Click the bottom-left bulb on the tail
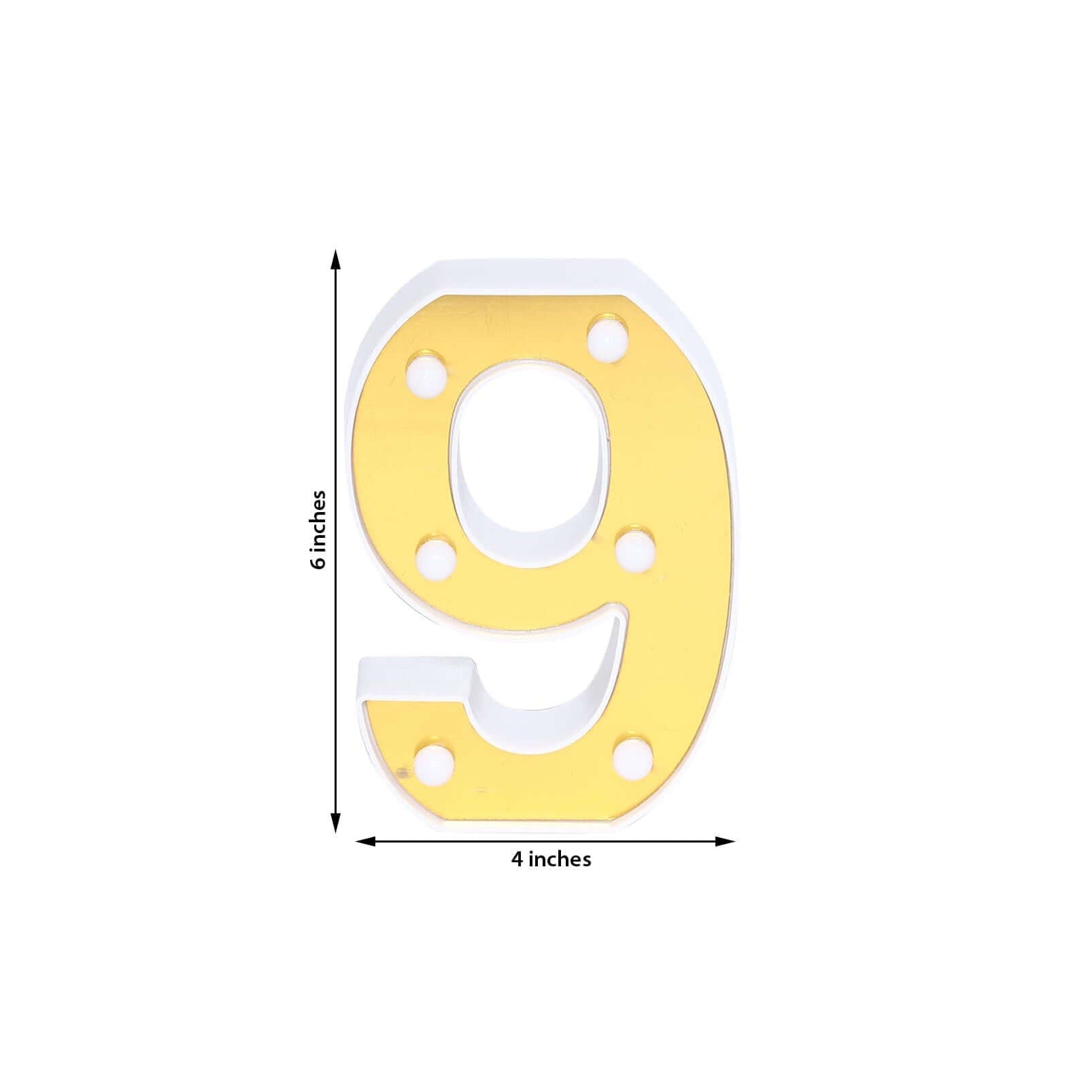pos(434,765)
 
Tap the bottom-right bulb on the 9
pos(633,755)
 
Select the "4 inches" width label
pos(551,860)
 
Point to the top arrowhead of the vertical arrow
pos(335,260)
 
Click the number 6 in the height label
pos(318,562)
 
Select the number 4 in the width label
pos(517,860)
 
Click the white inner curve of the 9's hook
pos(544,707)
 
